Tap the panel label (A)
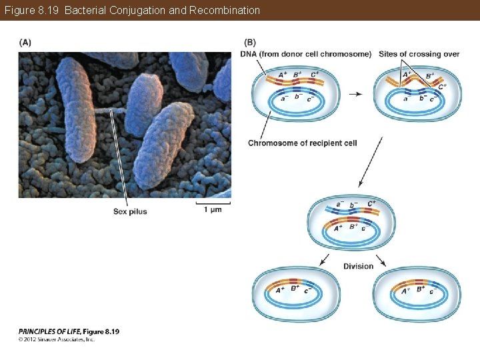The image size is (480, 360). [x=25, y=42]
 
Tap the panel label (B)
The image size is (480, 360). [x=250, y=42]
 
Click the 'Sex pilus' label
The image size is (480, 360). [x=130, y=211]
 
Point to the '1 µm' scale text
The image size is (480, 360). [x=213, y=210]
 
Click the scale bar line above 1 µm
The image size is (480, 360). [x=213, y=201]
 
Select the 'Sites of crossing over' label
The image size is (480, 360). [x=419, y=54]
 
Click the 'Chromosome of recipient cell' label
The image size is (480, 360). [x=302, y=143]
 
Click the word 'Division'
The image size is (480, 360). [x=358, y=267]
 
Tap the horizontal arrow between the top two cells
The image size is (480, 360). [x=355, y=94]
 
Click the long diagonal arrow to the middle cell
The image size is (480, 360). [x=370, y=162]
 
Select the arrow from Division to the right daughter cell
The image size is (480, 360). [x=381, y=261]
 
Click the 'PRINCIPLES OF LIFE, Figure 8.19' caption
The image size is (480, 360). [x=69, y=331]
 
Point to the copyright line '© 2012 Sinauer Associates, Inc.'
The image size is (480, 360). [x=57, y=339]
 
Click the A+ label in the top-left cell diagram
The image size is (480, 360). [x=283, y=75]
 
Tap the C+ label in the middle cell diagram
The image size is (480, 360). [x=371, y=203]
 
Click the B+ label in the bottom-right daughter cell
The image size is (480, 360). [x=420, y=289]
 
